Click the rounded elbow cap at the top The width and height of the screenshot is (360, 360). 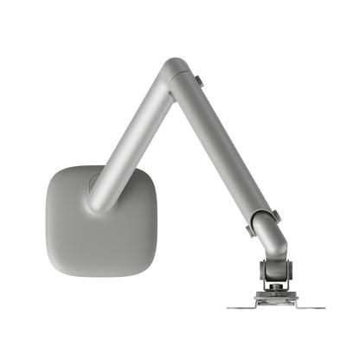click(x=176, y=68)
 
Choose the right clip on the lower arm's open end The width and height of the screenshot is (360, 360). click(x=276, y=215)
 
